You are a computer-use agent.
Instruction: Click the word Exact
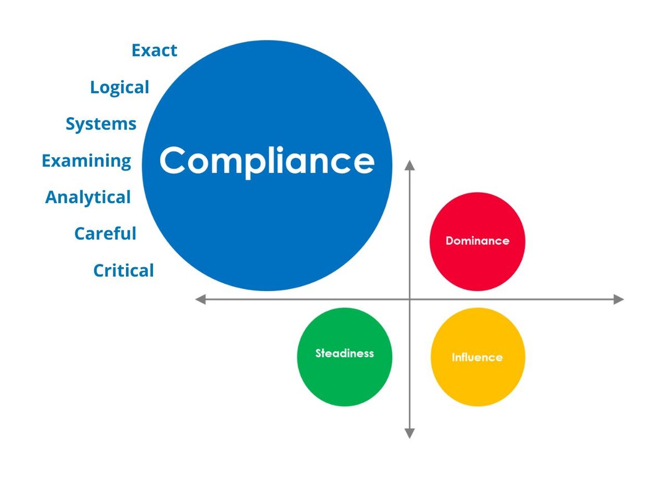tap(154, 51)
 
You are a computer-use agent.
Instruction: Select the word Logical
tap(119, 88)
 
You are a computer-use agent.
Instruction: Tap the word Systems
tap(101, 124)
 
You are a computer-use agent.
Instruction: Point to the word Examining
tap(87, 161)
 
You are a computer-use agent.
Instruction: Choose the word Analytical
tap(88, 197)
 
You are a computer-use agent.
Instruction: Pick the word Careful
tap(105, 234)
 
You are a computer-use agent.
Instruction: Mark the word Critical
tap(123, 271)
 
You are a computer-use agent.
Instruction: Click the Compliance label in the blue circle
tap(267, 161)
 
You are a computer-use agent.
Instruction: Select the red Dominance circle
tap(477, 241)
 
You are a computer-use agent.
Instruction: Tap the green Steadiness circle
tap(345, 357)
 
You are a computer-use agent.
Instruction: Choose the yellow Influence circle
tap(477, 357)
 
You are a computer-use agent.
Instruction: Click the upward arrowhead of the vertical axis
tap(410, 165)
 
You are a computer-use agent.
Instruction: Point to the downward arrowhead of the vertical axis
tap(410, 433)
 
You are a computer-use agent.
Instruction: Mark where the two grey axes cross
tap(410, 299)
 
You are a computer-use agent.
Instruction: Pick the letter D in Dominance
tap(449, 241)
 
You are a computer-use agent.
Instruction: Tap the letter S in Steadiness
tap(319, 353)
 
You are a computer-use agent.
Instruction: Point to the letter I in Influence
tap(453, 357)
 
